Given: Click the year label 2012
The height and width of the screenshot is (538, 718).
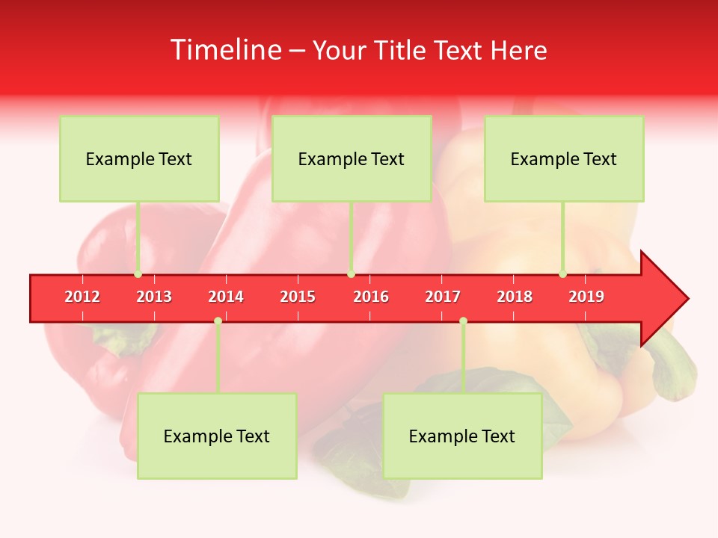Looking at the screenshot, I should [x=82, y=297].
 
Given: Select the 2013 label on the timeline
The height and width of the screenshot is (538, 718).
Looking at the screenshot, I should [x=154, y=297].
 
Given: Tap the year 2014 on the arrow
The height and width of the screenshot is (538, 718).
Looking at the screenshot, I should [x=226, y=297].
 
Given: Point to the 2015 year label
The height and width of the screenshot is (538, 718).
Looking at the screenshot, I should [x=298, y=297].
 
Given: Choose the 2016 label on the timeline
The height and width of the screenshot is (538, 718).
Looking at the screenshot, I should [x=371, y=297].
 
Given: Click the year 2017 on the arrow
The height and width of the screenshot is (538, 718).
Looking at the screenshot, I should [x=443, y=297].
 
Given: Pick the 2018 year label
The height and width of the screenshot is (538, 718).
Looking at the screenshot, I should [x=515, y=297].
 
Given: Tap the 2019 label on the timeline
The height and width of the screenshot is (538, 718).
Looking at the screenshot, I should [x=586, y=297].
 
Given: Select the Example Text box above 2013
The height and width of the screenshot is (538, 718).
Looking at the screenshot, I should [x=139, y=158].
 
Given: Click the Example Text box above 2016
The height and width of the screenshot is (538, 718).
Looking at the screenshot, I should [x=352, y=158].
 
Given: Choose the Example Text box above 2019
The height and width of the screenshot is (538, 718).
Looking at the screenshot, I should [x=564, y=158].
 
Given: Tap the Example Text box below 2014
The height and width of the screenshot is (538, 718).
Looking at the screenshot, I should [x=217, y=436].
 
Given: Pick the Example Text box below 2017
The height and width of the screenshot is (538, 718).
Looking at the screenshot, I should [x=462, y=436].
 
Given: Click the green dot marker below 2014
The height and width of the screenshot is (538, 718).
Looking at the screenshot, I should [x=218, y=321].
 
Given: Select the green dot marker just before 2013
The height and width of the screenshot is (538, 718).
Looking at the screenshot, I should [x=138, y=274].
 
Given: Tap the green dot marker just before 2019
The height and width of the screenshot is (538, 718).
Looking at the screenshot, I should [x=562, y=274].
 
